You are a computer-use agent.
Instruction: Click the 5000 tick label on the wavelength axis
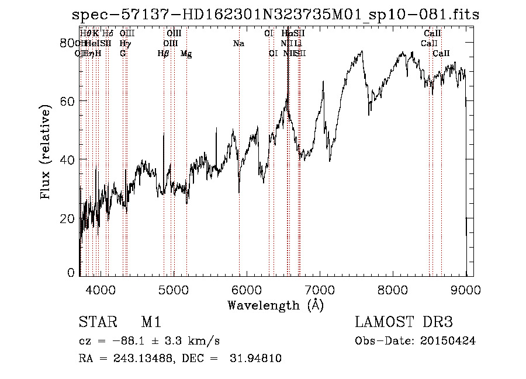tap(173, 288)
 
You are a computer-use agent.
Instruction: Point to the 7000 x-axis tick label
tap(320, 288)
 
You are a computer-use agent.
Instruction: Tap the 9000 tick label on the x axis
tap(466, 288)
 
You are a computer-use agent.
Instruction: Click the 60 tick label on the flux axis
tap(68, 101)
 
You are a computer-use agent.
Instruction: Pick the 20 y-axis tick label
tap(68, 218)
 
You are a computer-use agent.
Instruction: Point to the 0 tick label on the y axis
tap(72, 273)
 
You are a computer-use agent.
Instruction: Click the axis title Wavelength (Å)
tap(275, 305)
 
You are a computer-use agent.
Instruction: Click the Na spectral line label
tap(238, 44)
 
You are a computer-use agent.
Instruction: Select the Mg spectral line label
tap(186, 54)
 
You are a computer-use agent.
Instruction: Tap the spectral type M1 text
tap(151, 322)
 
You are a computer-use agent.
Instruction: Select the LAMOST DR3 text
tap(404, 322)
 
